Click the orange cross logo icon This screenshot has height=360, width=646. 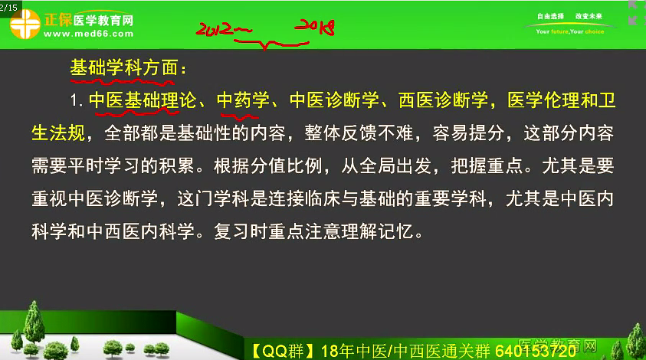pos(25,24)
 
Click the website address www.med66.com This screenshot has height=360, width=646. pos(89,34)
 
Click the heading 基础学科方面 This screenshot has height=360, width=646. pos(124,67)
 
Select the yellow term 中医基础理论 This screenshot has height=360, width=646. pos(143,100)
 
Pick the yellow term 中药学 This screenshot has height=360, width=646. pos(243,100)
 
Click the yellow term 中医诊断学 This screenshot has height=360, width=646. pos(334,100)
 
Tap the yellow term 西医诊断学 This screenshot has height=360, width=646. pos(443,100)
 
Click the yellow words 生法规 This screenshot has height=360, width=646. pos(58,133)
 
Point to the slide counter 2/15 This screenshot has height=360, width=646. pos(8,8)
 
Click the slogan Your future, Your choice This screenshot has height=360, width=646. pos(570,31)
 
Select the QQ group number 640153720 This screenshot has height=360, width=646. pos(536,351)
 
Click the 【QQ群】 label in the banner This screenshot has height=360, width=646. pos(278,352)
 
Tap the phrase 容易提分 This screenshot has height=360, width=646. pos(468,133)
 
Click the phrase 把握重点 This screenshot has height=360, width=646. pos(487,165)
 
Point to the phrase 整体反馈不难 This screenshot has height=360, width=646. pos(359,133)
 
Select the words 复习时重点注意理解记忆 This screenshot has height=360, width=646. pos(314,231)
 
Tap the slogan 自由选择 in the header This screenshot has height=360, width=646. pos(550,16)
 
